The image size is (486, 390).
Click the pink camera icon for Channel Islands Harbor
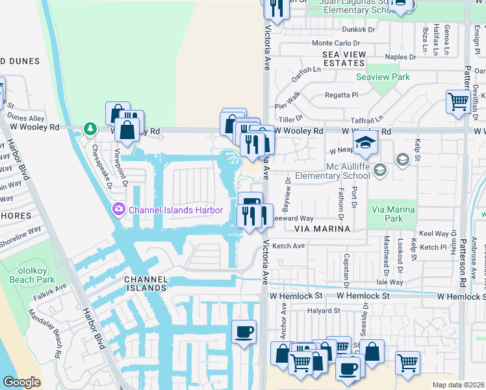point(119,210)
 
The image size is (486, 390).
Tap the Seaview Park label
point(383,77)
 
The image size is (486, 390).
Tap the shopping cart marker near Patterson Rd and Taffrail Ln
point(458,101)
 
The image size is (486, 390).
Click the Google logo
point(21,382)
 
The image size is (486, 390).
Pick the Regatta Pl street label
point(341,95)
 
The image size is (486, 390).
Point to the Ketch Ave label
point(288,246)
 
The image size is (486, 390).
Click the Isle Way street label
point(390,282)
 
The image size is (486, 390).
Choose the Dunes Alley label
point(26,118)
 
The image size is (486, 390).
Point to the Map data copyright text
point(458,385)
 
